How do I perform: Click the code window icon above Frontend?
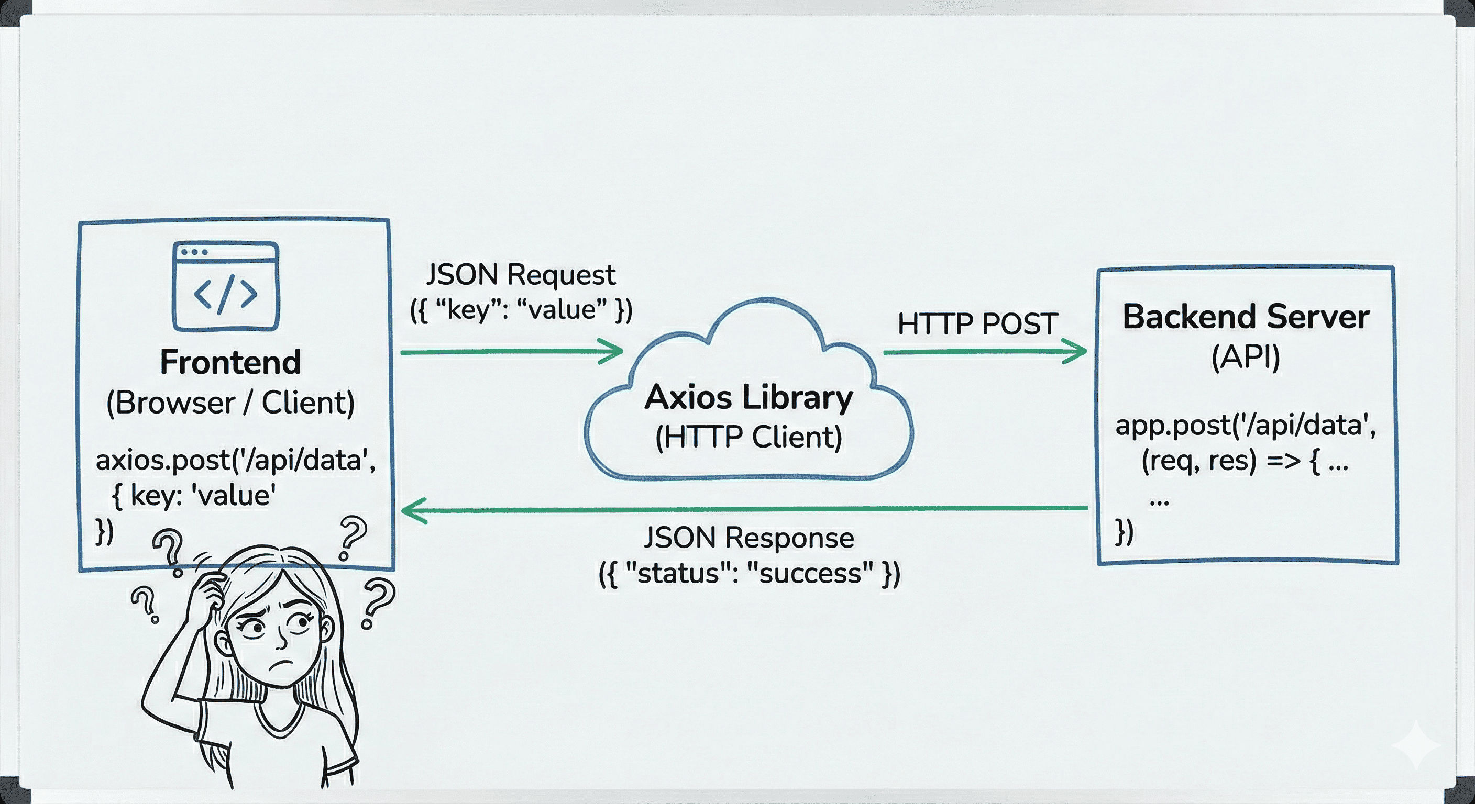pyautogui.click(x=226, y=286)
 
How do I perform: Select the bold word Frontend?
pyautogui.click(x=230, y=362)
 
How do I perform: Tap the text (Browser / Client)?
pyautogui.click(x=230, y=403)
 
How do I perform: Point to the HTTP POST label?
pyautogui.click(x=977, y=324)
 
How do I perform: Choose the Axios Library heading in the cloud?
pyautogui.click(x=748, y=397)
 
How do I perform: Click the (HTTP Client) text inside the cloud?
pyautogui.click(x=748, y=437)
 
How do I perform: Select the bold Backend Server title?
pyautogui.click(x=1246, y=317)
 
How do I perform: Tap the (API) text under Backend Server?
pyautogui.click(x=1246, y=358)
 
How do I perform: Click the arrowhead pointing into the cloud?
pyautogui.click(x=613, y=351)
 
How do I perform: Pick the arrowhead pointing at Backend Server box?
pyautogui.click(x=1076, y=351)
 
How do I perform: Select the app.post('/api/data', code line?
pyautogui.click(x=1246, y=426)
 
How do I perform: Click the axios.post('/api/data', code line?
pyautogui.click(x=235, y=460)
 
